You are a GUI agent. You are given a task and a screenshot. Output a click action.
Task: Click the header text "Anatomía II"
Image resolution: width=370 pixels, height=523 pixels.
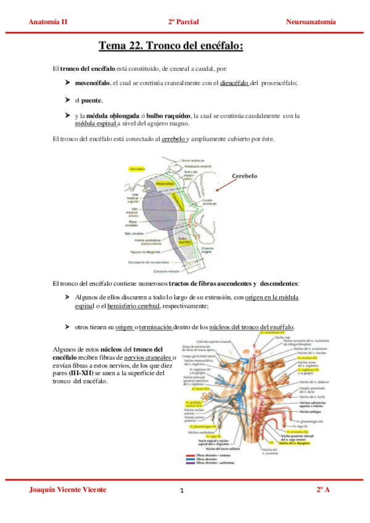pos(48,22)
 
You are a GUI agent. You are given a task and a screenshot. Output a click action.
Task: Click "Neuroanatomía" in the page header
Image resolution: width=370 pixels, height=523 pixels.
pos(311,22)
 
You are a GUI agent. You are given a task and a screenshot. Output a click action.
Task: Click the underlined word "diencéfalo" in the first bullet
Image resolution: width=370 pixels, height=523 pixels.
pos(234,83)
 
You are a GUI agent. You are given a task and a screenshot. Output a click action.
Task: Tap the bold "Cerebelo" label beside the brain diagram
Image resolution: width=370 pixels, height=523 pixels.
pos(244,176)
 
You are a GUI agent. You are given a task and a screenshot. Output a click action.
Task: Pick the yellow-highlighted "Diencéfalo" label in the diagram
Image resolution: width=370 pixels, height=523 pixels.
pos(138,168)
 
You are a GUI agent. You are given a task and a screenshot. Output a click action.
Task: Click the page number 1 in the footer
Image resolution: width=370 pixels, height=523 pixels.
pos(183,491)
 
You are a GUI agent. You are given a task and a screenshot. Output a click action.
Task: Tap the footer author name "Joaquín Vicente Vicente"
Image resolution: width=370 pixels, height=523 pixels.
pos(68,489)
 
